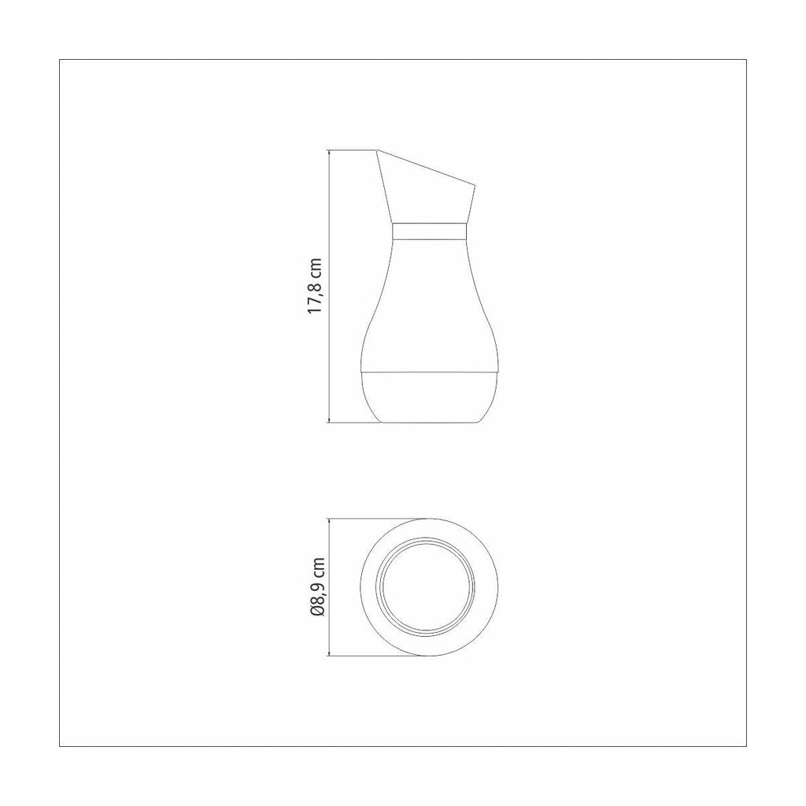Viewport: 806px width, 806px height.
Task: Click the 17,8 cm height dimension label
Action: tap(315, 287)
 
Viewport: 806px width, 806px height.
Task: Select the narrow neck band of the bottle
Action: tap(430, 232)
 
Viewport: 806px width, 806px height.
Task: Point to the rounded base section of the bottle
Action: tap(430, 397)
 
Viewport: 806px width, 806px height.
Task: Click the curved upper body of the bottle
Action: tap(430, 305)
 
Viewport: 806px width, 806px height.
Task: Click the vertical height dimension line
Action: tap(329, 287)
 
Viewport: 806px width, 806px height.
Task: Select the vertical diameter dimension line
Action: tap(329, 586)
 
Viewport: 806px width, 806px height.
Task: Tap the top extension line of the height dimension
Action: tap(352, 150)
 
